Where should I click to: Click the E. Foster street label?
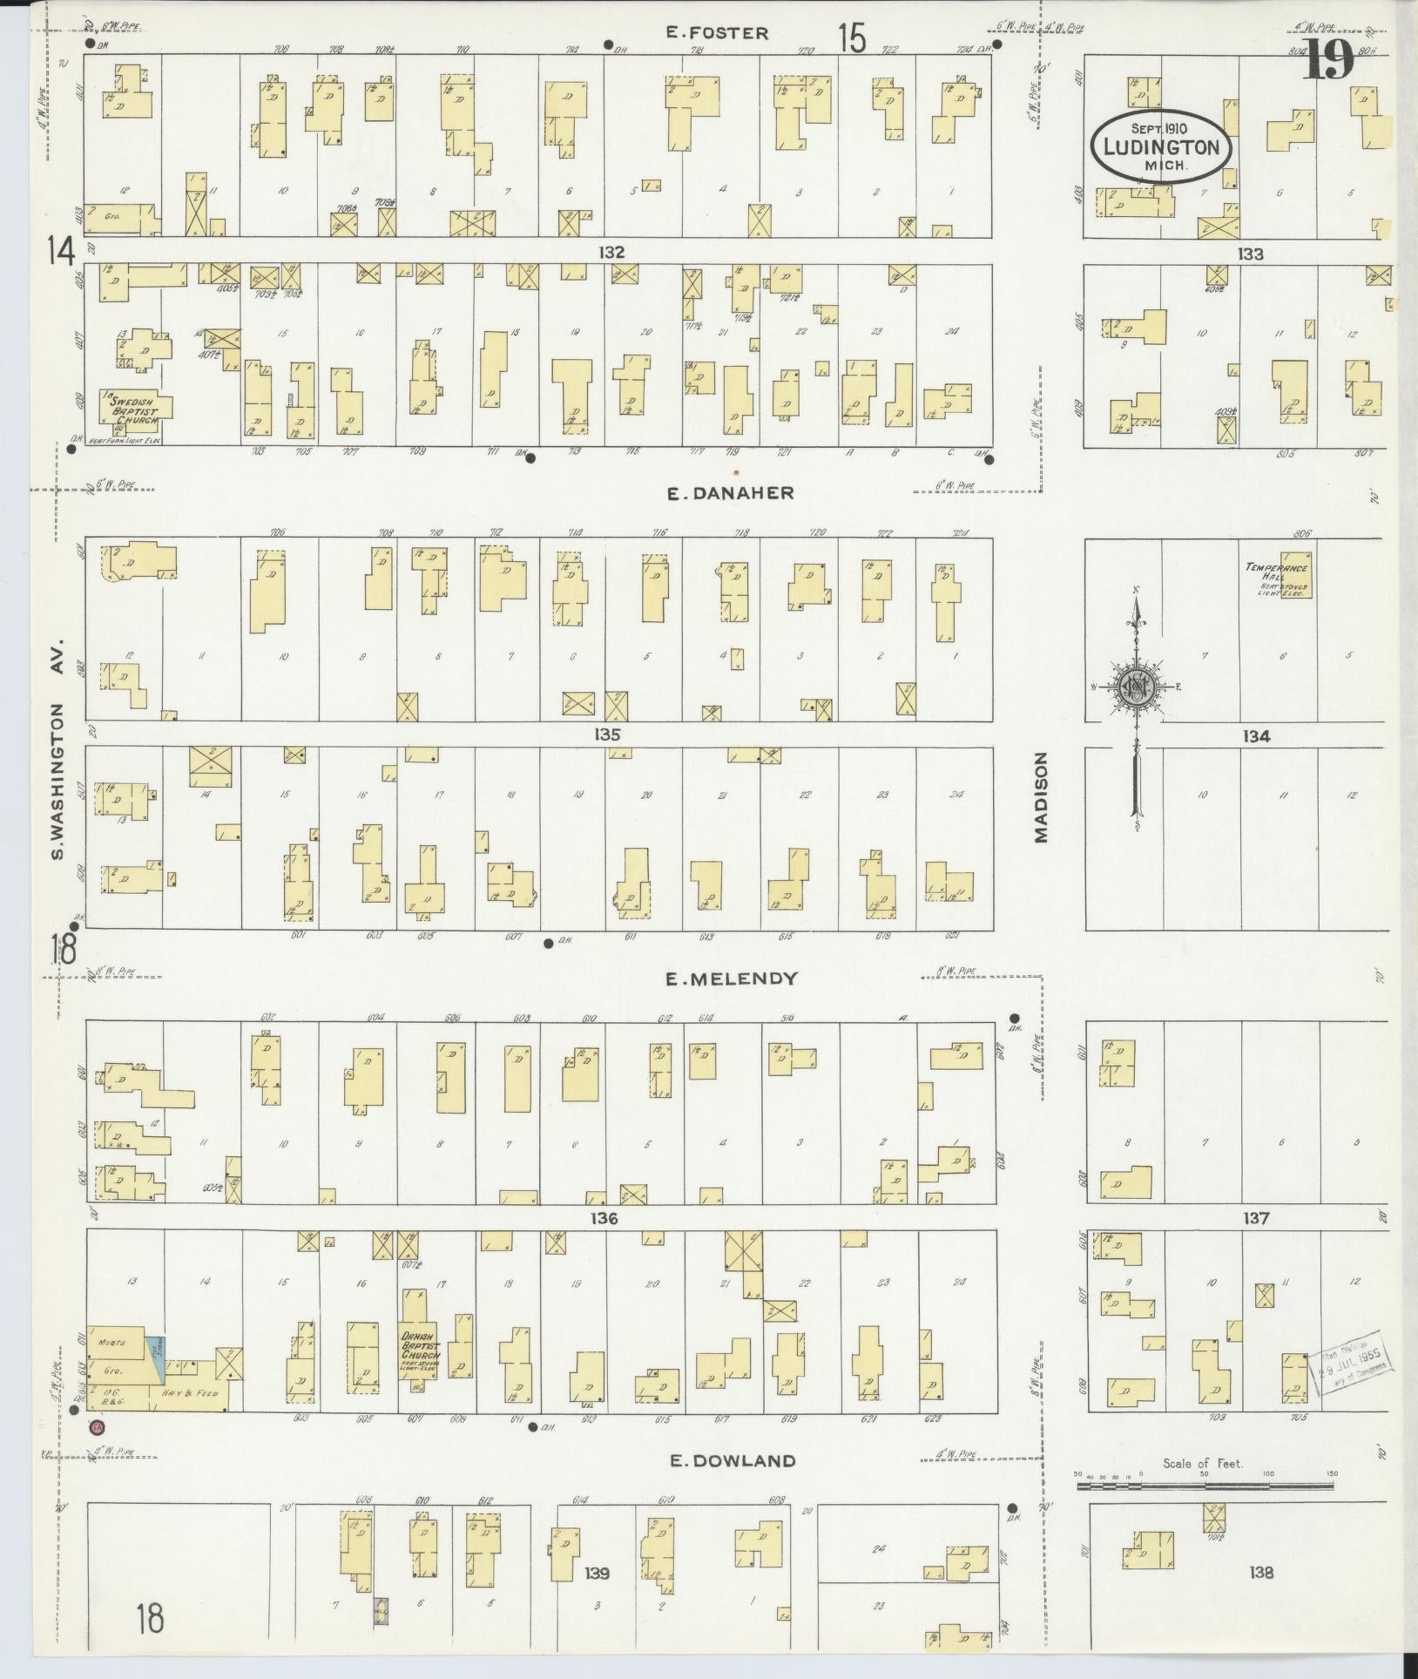click(717, 33)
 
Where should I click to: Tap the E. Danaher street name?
click(730, 493)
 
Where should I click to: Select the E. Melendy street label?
click(732, 978)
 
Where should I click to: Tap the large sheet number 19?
click(1329, 59)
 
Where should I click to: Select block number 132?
click(612, 252)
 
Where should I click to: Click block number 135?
click(607, 735)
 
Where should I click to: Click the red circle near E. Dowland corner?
click(97, 1427)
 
